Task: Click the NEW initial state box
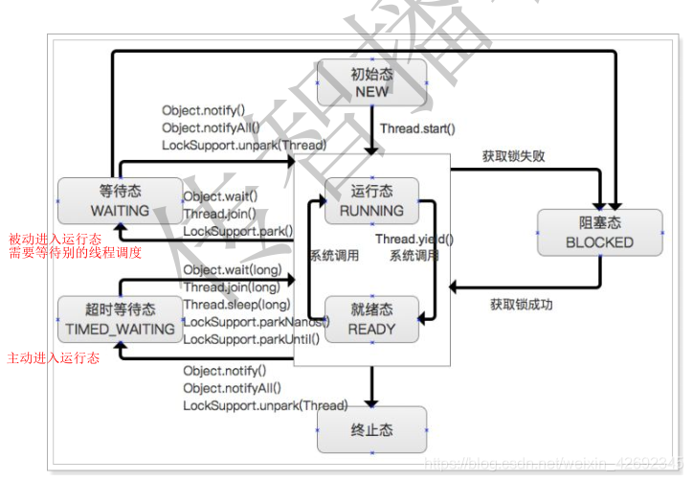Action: pyautogui.click(x=371, y=82)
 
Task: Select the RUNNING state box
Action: pyautogui.click(x=371, y=200)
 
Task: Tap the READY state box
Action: pyautogui.click(x=371, y=319)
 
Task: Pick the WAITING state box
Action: pyautogui.click(x=120, y=200)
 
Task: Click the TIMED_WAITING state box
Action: pyautogui.click(x=120, y=319)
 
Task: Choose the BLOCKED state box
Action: pyautogui.click(x=599, y=233)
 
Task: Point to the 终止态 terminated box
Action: pyautogui.click(x=371, y=430)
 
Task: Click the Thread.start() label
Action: pyautogui.click(x=417, y=128)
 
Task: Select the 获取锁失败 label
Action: pyautogui.click(x=514, y=156)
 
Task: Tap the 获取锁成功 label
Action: pyautogui.click(x=522, y=305)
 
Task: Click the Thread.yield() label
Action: pyautogui.click(x=414, y=240)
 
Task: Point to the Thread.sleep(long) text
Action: pyautogui.click(x=232, y=305)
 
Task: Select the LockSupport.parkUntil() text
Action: pyautogui.click(x=251, y=339)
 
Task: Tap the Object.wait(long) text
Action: pyautogui.click(x=232, y=270)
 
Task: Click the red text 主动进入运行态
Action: pyautogui.click(x=54, y=357)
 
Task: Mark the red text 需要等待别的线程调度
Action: pyautogui.click(x=75, y=253)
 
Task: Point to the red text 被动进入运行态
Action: pyautogui.click(x=55, y=238)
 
